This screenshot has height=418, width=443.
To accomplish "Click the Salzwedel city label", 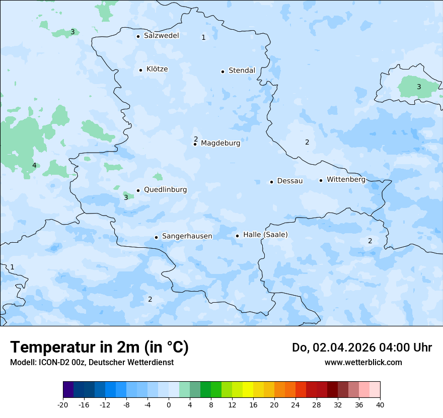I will (161, 36).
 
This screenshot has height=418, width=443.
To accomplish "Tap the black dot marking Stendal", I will (223, 72).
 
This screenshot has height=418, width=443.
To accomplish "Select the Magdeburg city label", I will (220, 144).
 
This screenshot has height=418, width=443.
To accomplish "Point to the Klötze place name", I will (157, 69).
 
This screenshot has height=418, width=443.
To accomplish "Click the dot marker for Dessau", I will (271, 182).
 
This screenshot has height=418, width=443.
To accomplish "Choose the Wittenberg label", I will (346, 180).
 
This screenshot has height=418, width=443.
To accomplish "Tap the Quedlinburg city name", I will (165, 190).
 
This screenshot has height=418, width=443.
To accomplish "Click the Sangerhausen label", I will (187, 236).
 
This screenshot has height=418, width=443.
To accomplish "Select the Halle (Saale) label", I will (265, 235).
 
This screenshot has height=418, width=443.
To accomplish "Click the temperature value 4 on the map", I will (34, 166).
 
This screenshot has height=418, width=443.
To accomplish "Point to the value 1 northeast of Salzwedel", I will (203, 37).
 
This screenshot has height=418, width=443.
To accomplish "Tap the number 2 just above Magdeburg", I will (196, 139).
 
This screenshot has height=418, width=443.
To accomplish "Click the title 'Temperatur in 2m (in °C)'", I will (99, 347).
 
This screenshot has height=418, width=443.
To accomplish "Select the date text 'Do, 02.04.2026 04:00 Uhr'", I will (362, 347).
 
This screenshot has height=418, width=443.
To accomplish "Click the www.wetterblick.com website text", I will (363, 362).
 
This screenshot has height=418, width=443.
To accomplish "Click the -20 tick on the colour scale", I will (63, 404).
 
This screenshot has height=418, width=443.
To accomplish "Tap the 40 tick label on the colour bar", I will (380, 404).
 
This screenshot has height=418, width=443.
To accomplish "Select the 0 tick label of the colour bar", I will (169, 404).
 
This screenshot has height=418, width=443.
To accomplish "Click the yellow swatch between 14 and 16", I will (248, 390).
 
